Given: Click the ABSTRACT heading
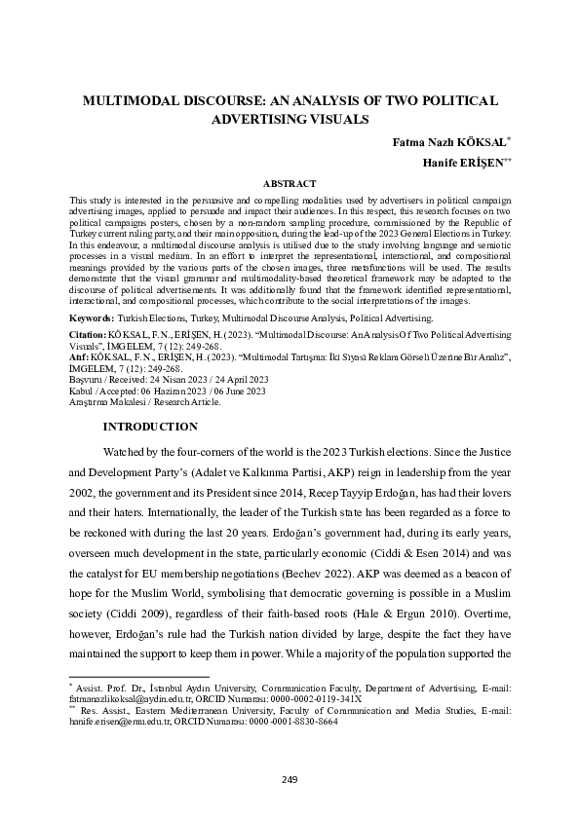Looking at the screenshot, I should pyautogui.click(x=290, y=183).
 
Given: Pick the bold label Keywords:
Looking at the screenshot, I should pyautogui.click(x=90, y=317).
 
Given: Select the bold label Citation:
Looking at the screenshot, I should pyautogui.click(x=88, y=333).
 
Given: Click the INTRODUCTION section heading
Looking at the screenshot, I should pyautogui.click(x=151, y=427).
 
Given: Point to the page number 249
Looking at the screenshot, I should pyautogui.click(x=290, y=779).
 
